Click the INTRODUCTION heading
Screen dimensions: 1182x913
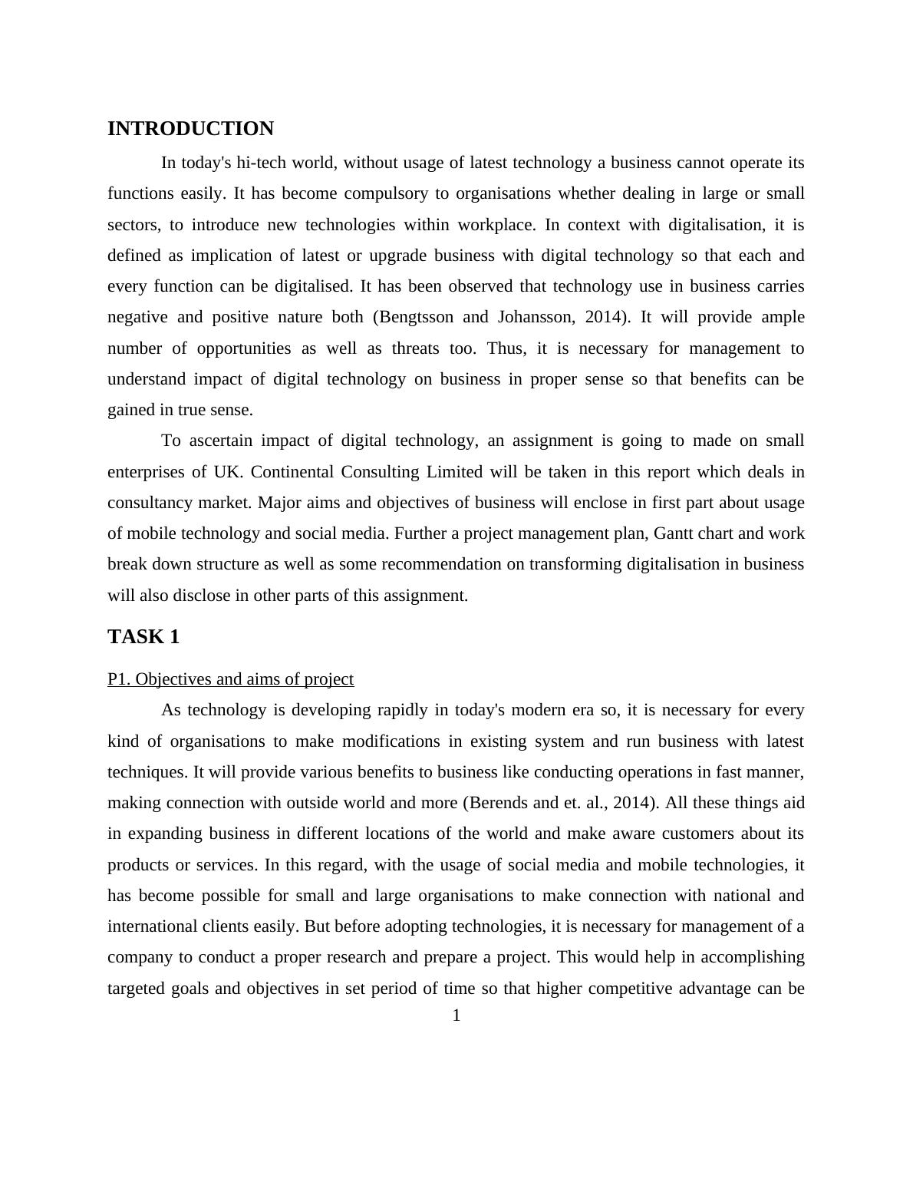click(x=190, y=129)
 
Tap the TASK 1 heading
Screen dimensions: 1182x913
click(x=143, y=637)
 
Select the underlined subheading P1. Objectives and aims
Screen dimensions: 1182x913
click(x=230, y=679)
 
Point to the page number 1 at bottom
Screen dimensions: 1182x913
click(x=457, y=1016)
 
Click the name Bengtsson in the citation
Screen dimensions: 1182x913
click(x=418, y=317)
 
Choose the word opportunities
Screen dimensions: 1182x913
click(x=244, y=348)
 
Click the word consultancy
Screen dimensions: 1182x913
click(x=149, y=503)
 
